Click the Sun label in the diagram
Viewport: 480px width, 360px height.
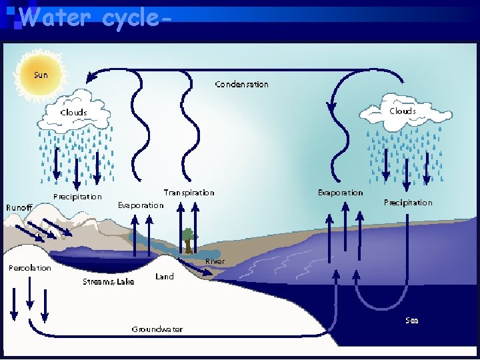pos(41,75)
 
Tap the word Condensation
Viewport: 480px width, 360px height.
pos(241,85)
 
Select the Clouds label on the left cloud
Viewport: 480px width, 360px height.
pos(73,112)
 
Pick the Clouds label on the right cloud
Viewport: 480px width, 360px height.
pos(402,111)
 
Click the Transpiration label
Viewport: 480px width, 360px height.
pos(189,193)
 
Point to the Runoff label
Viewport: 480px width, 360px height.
pos(19,208)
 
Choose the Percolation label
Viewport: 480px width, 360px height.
pos(29,268)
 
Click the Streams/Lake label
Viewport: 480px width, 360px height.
pos(108,282)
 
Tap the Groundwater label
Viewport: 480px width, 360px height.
pos(157,329)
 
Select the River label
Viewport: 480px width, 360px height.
pos(215,262)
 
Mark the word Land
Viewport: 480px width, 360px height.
pos(164,277)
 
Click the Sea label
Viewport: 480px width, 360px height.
pos(412,321)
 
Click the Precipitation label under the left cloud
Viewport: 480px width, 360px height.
pos(77,197)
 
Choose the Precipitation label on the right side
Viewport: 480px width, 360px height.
pos(407,203)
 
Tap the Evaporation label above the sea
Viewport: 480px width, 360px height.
pos(340,193)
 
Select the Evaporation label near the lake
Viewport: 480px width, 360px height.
pos(140,205)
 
